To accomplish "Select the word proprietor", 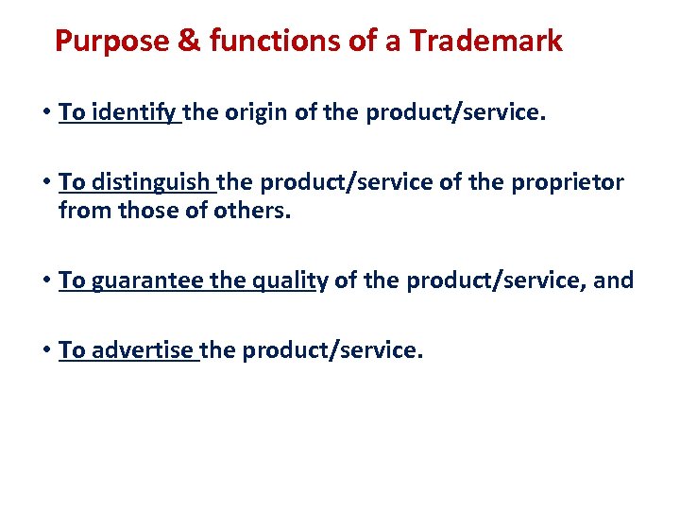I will (x=569, y=182).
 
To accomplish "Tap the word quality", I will (x=288, y=280).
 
